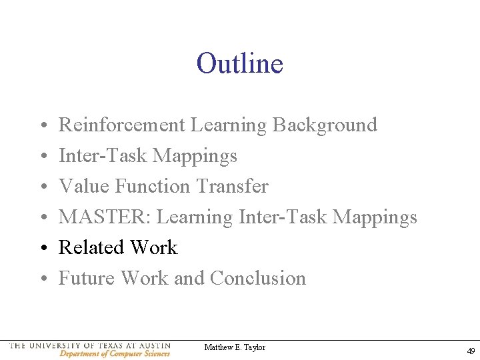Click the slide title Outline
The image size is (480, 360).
point(240,64)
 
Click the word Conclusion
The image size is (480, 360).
point(258,278)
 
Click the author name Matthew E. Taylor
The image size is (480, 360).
point(235,347)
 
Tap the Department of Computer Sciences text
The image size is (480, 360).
point(115,354)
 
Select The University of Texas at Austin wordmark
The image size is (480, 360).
point(91,346)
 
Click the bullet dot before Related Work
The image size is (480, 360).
point(42,248)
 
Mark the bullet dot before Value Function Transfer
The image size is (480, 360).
point(42,187)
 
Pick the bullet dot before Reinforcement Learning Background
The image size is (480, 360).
point(42,125)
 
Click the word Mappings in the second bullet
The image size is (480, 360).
point(195,156)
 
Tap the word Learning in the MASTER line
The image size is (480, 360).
point(195,217)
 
